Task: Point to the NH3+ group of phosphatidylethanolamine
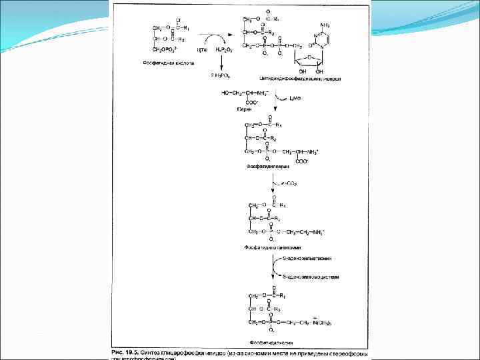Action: click(316, 231)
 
